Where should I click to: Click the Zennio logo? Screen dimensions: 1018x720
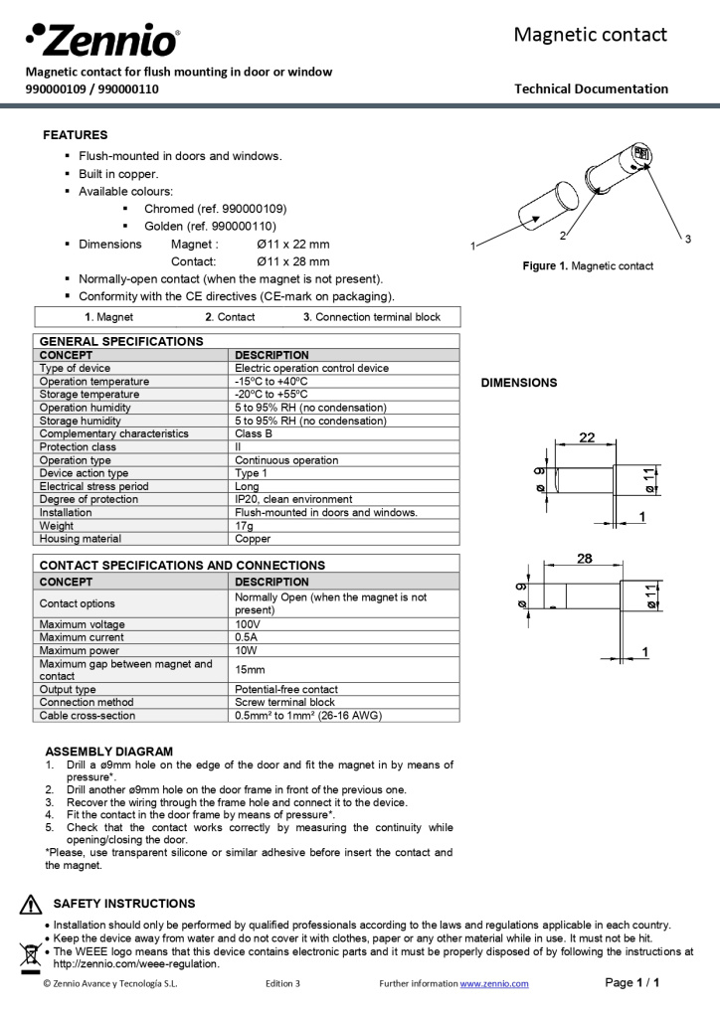click(x=102, y=41)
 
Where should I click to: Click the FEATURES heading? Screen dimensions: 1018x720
click(x=76, y=135)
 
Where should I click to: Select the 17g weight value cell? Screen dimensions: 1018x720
click(x=242, y=526)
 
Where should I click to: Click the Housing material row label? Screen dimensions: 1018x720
click(x=81, y=539)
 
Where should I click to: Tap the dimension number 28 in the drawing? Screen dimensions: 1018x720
click(x=585, y=559)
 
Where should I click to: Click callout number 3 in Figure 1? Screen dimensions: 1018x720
click(x=687, y=238)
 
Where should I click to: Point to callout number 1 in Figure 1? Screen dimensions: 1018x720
click(x=472, y=245)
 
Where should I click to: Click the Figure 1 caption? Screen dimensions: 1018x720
click(x=588, y=266)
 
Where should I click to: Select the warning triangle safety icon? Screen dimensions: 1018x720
click(x=30, y=905)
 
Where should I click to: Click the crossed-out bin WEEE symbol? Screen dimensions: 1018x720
click(x=30, y=956)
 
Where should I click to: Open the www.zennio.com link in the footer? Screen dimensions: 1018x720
click(x=494, y=983)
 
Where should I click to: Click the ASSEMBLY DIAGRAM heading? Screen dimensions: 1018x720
click(x=109, y=752)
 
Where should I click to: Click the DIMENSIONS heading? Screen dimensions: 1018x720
click(x=519, y=383)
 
